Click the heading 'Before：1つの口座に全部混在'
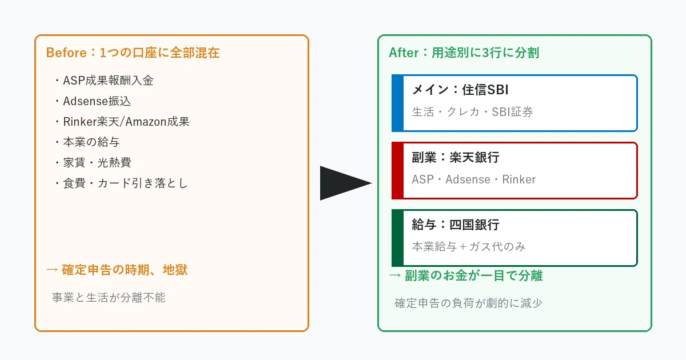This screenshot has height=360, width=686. coord(133,53)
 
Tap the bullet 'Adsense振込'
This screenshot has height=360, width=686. coord(94,101)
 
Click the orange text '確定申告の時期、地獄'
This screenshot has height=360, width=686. coord(117,270)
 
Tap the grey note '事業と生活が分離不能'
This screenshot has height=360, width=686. coord(109,297)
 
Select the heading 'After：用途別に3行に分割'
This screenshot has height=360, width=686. coord(464,53)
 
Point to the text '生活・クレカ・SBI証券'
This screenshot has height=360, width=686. coord(472,112)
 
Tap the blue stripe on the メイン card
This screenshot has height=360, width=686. coord(398,103)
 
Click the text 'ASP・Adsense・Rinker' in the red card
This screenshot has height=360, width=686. coord(473,179)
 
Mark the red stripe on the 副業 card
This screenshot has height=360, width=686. coord(398,170)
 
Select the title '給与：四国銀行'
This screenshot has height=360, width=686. coord(456,225)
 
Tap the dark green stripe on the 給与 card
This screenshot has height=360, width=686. coord(398,238)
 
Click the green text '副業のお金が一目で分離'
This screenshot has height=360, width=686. coord(466,275)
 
